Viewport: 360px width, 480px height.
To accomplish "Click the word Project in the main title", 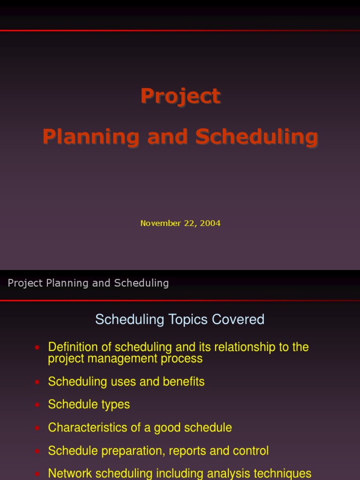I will pos(180,97).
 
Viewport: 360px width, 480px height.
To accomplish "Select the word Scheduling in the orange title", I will pos(256,137).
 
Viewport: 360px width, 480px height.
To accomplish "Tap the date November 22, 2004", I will pos(180,223).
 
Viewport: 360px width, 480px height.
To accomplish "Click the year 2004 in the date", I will pos(210,223).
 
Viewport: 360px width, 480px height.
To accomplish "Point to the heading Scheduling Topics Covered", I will pos(180,320).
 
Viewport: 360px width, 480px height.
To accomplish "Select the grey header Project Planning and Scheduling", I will pos(88,283).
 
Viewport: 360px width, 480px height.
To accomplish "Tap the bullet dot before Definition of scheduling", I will pos(37,347).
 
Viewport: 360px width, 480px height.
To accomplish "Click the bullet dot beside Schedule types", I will pos(37,405).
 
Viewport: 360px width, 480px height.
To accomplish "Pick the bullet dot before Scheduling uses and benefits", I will pos(37,382).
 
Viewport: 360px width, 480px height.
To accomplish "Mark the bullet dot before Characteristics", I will pos(37,428).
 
